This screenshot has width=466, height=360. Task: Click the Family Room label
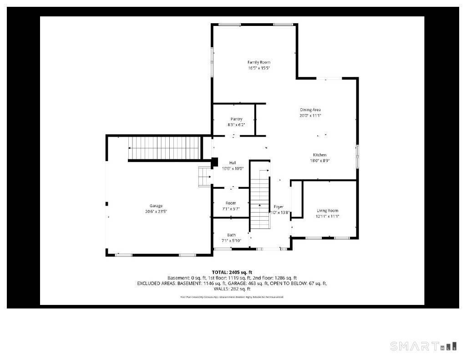[x=258, y=62]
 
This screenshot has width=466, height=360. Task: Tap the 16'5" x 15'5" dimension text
[x=258, y=68]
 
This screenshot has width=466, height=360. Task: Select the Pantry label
[x=236, y=119]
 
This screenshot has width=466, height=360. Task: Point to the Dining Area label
[x=310, y=110]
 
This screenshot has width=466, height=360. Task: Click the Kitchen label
[x=319, y=155]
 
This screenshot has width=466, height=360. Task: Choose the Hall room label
[x=233, y=163]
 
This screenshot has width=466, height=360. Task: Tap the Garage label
[x=156, y=206]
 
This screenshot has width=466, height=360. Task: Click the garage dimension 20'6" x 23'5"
[x=156, y=212]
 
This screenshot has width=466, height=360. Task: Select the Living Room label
[x=328, y=211]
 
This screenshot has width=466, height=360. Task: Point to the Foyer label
[x=279, y=207]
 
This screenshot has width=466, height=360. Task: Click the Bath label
[x=231, y=235]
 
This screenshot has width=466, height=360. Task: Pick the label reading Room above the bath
[x=231, y=203]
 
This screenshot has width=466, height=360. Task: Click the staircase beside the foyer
[x=260, y=200]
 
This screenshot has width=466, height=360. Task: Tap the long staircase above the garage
[x=164, y=148]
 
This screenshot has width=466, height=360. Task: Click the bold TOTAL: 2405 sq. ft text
[x=232, y=272]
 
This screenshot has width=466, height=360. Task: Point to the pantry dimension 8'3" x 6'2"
[x=236, y=125]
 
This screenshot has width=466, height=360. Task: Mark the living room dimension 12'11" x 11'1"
[x=328, y=216]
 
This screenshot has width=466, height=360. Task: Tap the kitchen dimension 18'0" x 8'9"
[x=319, y=161]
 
